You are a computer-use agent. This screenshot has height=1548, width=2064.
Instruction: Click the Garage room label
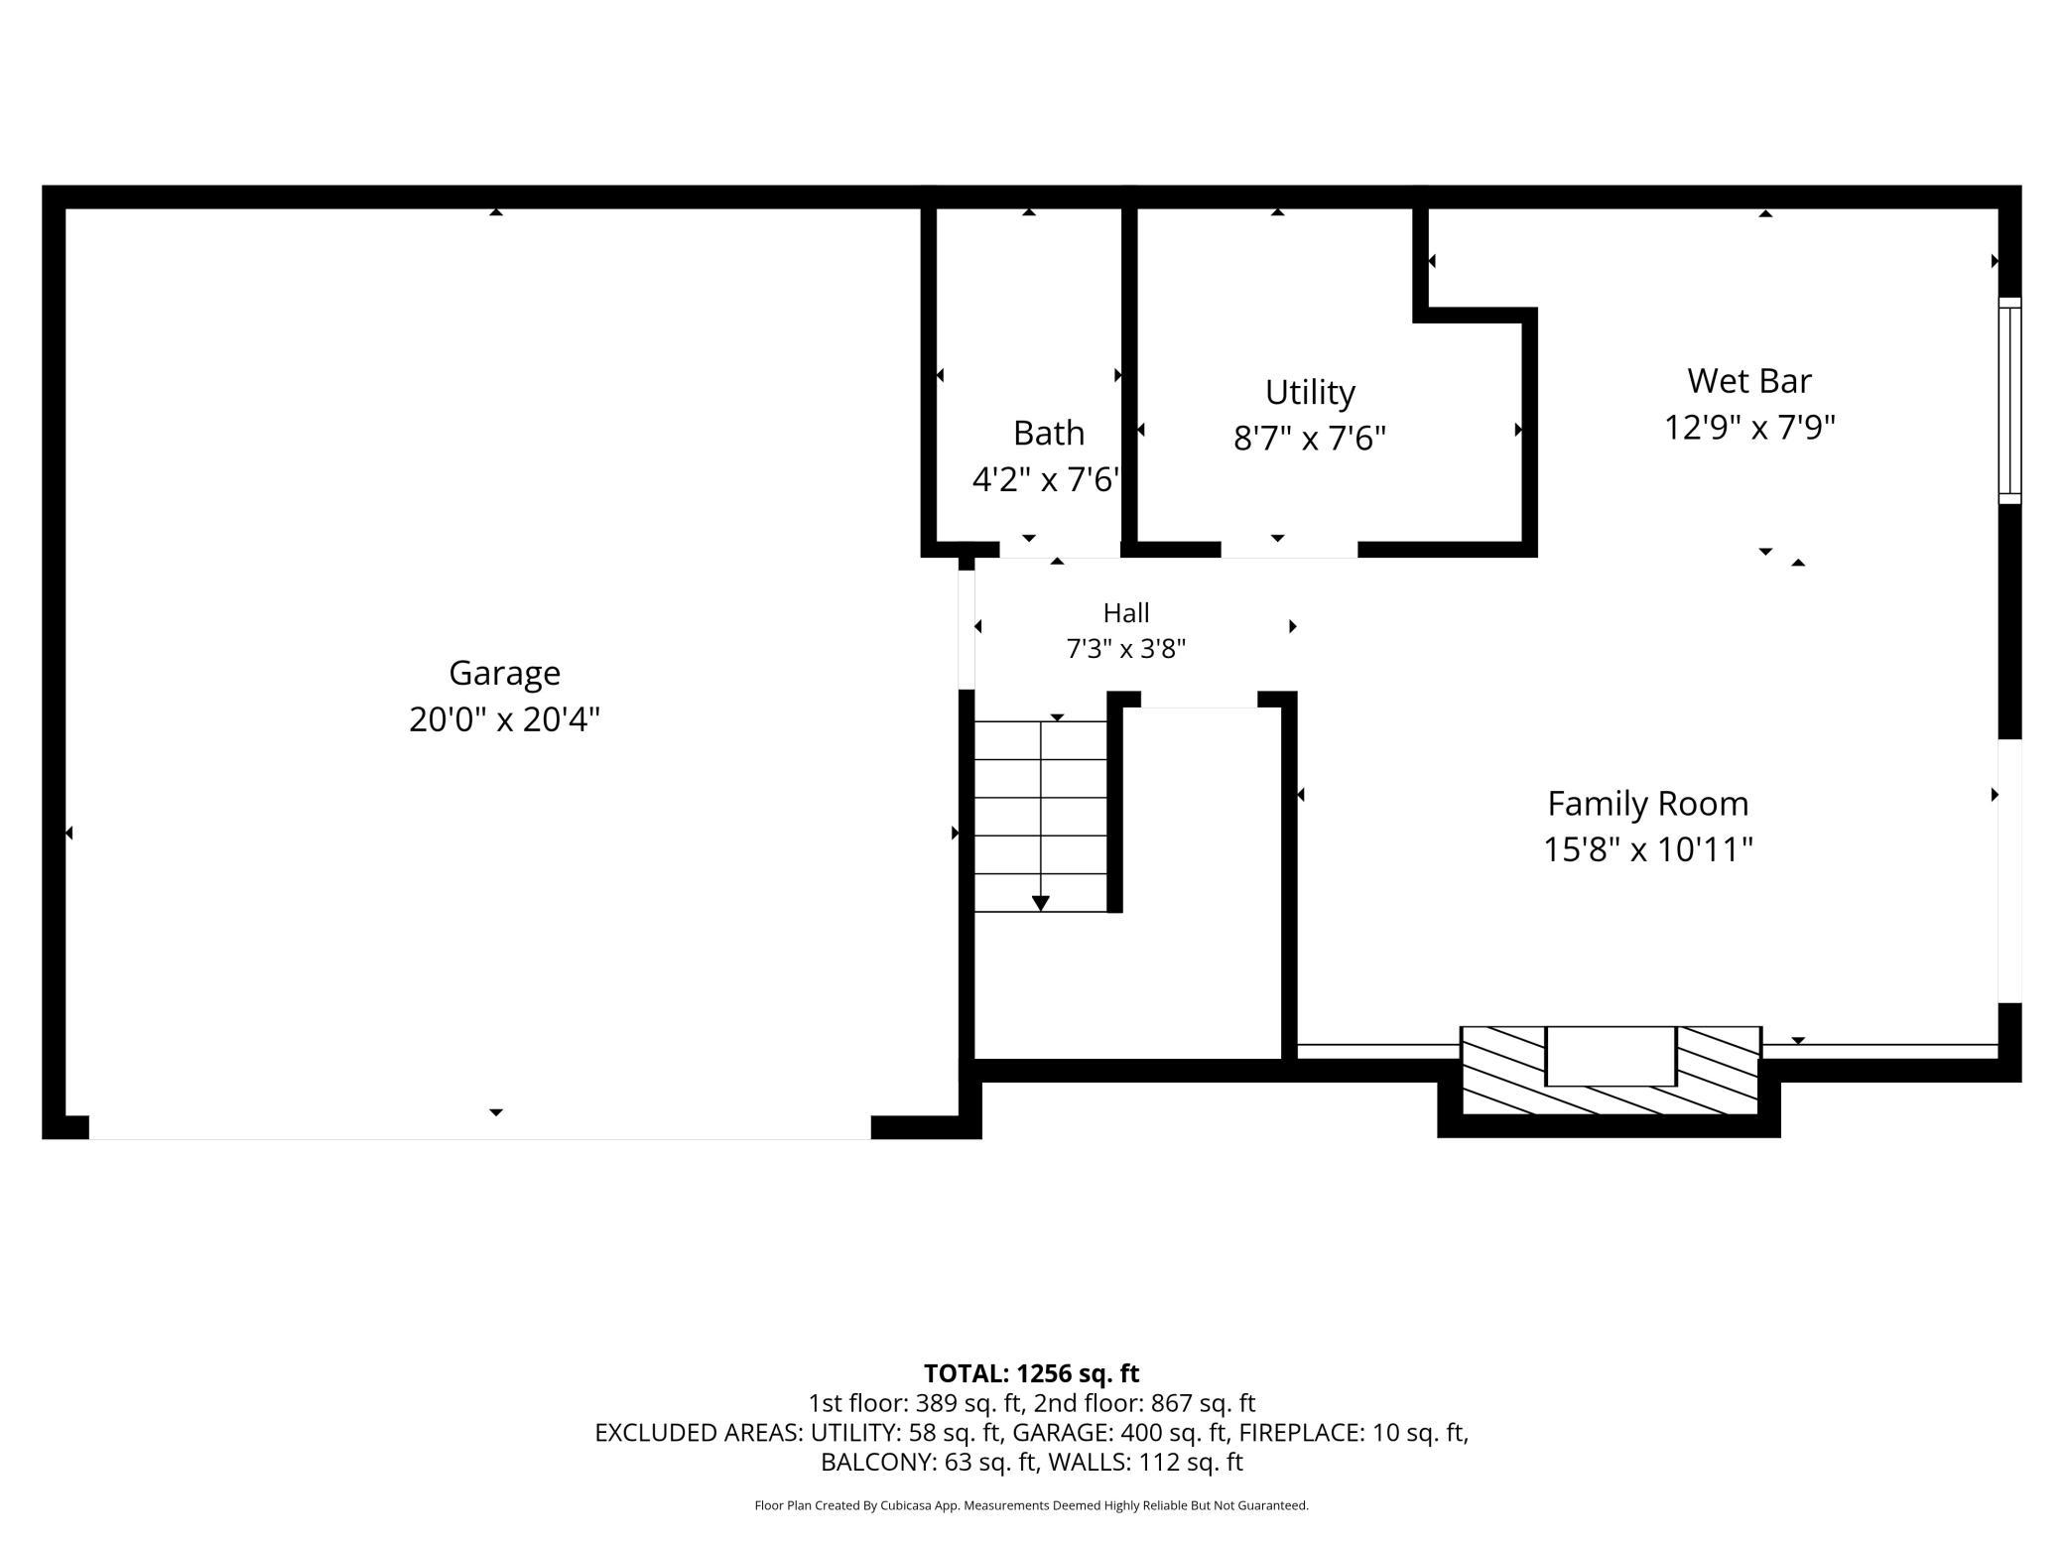[504, 674]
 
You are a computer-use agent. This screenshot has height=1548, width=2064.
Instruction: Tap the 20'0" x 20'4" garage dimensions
[504, 718]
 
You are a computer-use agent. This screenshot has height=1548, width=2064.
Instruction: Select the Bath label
[1049, 434]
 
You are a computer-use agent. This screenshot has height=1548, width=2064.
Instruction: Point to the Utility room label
[1310, 393]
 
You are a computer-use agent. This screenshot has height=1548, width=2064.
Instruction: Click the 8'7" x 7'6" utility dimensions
[1310, 438]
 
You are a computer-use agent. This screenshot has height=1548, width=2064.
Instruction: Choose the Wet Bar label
[1749, 381]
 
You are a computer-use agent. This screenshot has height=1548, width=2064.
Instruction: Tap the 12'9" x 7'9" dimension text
[1749, 428]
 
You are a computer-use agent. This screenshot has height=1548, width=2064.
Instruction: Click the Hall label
[1126, 613]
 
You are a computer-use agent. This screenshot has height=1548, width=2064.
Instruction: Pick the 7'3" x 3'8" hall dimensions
[1126, 649]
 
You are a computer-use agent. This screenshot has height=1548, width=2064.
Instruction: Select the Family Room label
[1648, 804]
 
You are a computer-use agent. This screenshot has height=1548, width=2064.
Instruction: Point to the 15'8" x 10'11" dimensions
[1648, 850]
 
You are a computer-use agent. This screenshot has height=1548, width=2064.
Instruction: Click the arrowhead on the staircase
[1040, 903]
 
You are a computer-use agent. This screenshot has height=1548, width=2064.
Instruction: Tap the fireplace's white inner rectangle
[1612, 1056]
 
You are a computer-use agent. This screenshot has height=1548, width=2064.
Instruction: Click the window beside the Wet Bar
[2009, 401]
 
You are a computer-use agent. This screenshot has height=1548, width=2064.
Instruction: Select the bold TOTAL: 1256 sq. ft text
[1032, 1373]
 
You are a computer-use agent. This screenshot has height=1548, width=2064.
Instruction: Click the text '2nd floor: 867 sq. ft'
[1144, 1403]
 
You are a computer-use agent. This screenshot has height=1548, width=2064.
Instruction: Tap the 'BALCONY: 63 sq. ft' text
[928, 1462]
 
